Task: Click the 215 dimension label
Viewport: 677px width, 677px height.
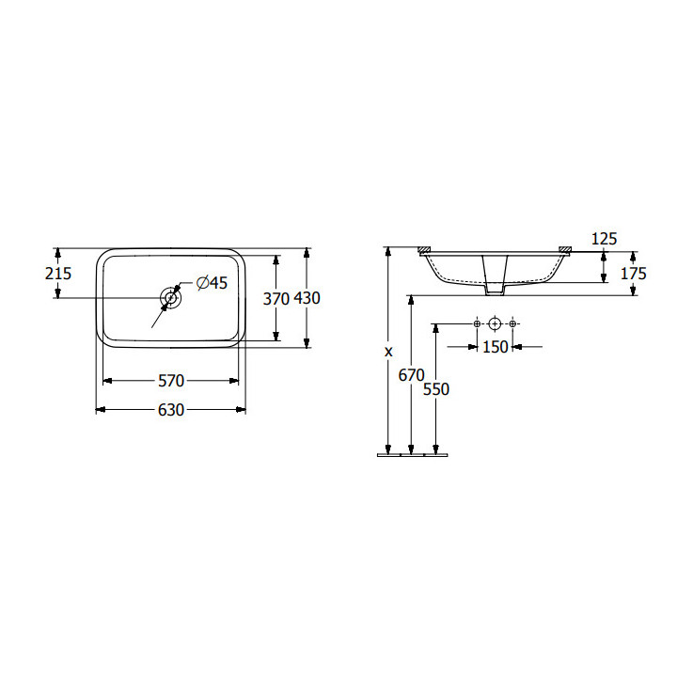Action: tap(58, 274)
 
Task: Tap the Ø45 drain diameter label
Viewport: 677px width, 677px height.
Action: tap(212, 283)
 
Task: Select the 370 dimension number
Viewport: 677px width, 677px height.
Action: tap(276, 298)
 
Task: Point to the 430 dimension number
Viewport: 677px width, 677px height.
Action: tap(307, 298)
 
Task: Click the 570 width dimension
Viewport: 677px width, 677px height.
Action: tap(171, 381)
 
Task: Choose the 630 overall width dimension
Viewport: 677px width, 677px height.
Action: tap(171, 410)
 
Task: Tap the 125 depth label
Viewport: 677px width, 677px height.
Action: tap(604, 239)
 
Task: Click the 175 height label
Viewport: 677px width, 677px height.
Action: tap(634, 274)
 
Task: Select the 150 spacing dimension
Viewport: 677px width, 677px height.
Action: tap(496, 347)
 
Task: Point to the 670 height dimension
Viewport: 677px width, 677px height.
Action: tap(412, 375)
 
